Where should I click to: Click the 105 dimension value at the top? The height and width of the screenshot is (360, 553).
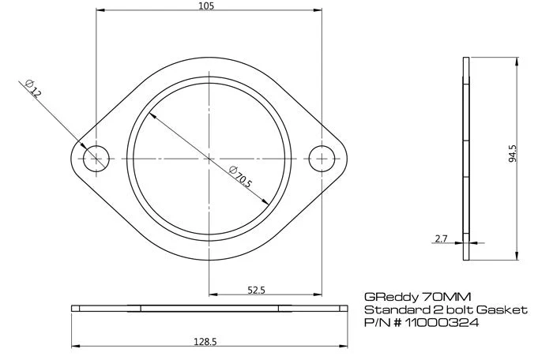pyautogui.click(x=208, y=6)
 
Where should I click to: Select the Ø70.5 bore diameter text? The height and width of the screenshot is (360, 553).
pyautogui.click(x=239, y=178)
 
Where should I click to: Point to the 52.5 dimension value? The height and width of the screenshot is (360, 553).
pyautogui.click(x=255, y=290)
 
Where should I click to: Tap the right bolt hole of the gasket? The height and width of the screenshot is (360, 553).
pyautogui.click(x=321, y=158)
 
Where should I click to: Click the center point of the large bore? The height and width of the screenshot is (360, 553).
pyautogui.click(x=209, y=158)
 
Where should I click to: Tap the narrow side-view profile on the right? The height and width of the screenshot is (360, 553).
pyautogui.click(x=465, y=158)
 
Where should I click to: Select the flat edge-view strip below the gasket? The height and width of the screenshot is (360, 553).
pyautogui.click(x=209, y=308)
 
